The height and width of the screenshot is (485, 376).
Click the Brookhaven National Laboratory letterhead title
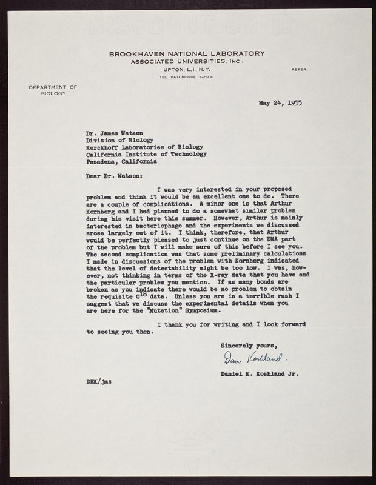(x=187, y=54)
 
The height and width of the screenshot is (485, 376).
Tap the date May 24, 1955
(x=280, y=102)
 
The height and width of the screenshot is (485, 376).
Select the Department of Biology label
(x=53, y=91)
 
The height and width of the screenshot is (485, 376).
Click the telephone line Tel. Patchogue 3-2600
(x=187, y=78)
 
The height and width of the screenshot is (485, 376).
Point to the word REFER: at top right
(x=300, y=70)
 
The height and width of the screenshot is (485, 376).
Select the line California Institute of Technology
(x=146, y=154)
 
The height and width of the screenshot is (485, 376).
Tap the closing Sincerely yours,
(x=246, y=344)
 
